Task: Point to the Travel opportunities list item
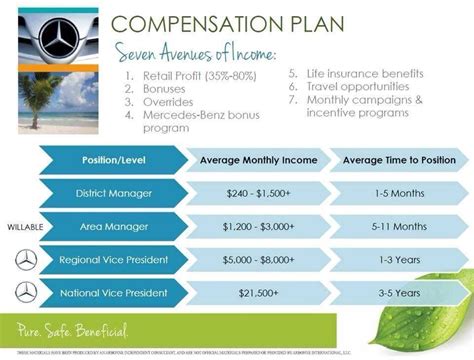[x=357, y=88]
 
